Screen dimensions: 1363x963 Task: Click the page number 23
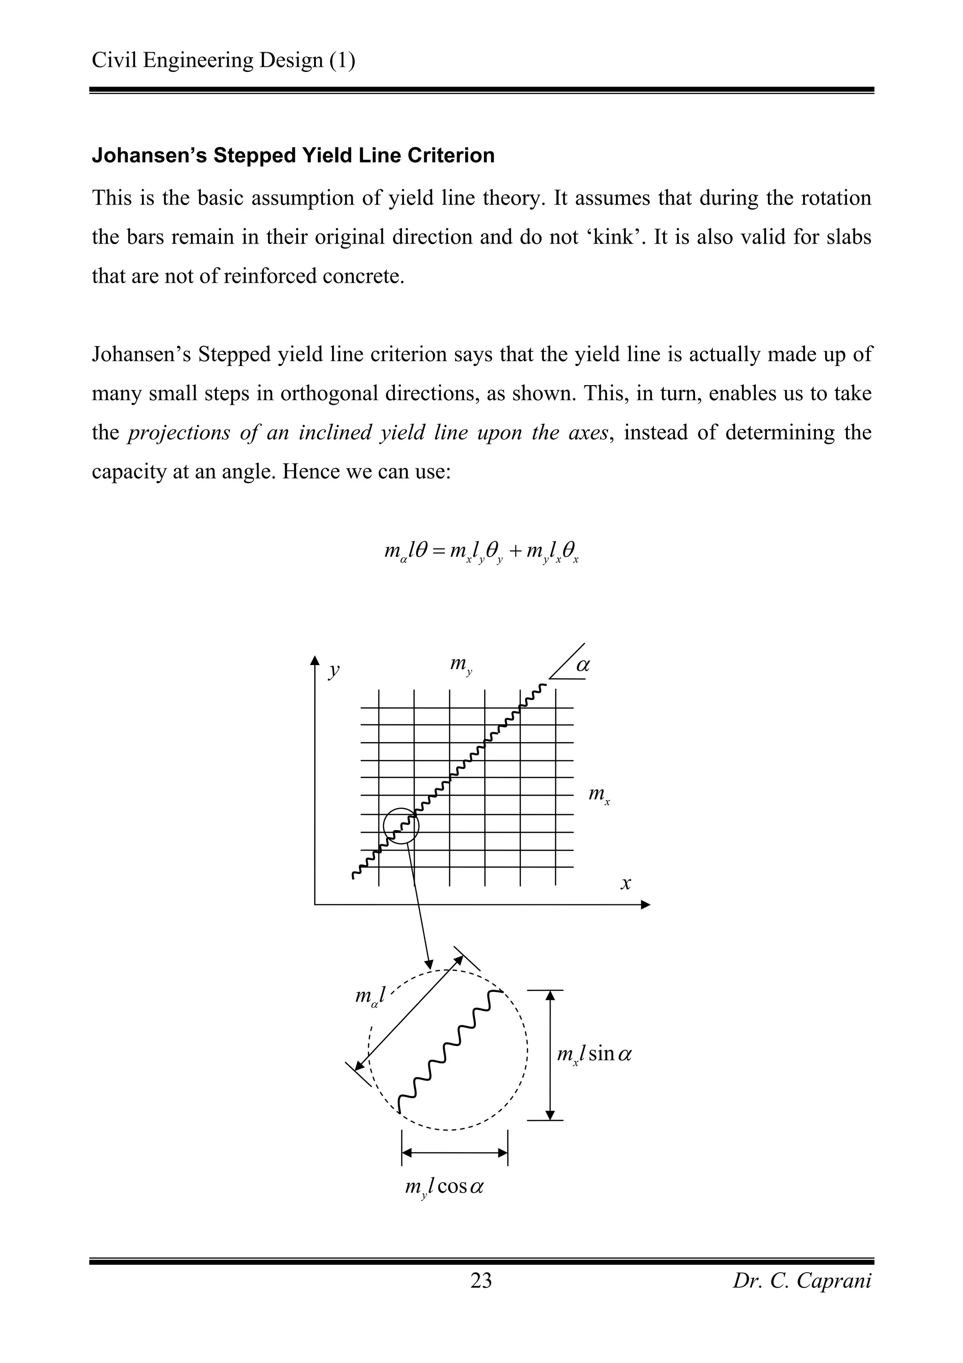(481, 1281)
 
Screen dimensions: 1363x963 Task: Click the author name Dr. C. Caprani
(802, 1281)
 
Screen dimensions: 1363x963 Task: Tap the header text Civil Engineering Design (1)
(224, 61)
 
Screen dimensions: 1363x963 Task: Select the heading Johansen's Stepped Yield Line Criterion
(293, 156)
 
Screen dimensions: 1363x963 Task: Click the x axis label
(625, 883)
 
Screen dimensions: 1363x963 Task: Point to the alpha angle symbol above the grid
(583, 665)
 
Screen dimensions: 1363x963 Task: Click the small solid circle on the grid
(401, 826)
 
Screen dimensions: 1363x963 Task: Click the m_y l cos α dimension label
(444, 1187)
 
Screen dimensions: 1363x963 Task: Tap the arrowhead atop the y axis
(315, 661)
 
